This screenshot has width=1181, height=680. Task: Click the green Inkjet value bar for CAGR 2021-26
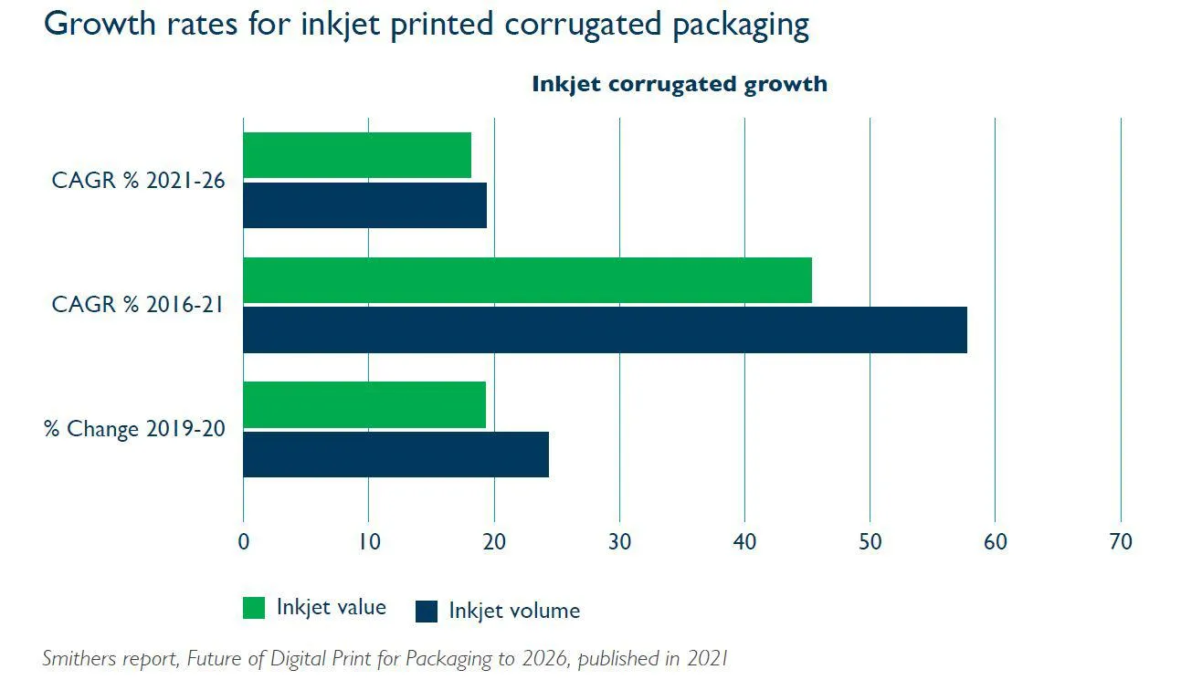[356, 155]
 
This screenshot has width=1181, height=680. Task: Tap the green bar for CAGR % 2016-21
[526, 280]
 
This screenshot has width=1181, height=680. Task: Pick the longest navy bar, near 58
[604, 330]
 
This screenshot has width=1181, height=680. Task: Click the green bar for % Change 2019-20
[364, 404]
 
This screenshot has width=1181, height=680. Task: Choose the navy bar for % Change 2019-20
[395, 454]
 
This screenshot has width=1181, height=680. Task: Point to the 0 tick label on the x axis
[243, 541]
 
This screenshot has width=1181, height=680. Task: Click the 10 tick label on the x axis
[368, 541]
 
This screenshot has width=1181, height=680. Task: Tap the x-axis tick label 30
[619, 541]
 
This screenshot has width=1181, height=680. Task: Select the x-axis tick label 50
[870, 541]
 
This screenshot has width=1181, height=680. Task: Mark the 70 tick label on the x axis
[1120, 541]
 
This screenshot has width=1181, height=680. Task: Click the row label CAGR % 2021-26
[138, 181]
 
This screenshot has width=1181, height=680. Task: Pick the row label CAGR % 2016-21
[138, 305]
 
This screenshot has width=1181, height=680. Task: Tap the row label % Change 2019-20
[134, 429]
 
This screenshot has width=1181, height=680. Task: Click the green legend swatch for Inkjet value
[254, 608]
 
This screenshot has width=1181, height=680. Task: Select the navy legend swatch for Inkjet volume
[427, 612]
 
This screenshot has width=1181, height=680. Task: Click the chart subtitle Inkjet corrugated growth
[680, 84]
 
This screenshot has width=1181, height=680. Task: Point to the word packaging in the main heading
[740, 25]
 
